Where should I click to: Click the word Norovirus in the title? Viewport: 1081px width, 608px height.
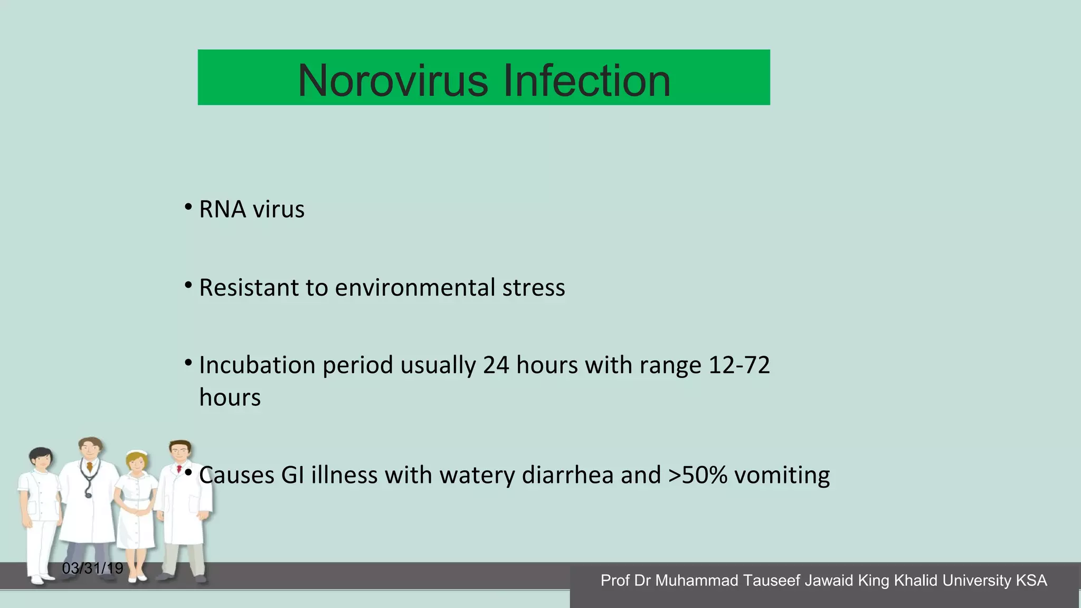pyautogui.click(x=393, y=81)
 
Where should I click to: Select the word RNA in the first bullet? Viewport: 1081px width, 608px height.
pyautogui.click(x=223, y=210)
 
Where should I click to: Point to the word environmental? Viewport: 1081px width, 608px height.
pyautogui.click(x=415, y=288)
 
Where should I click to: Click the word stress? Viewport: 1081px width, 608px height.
pyautogui.click(x=534, y=288)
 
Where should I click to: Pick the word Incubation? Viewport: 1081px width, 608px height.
pyautogui.click(x=257, y=365)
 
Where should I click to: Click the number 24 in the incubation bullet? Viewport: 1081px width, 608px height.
pyautogui.click(x=496, y=365)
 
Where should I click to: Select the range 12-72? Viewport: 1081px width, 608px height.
pyautogui.click(x=739, y=365)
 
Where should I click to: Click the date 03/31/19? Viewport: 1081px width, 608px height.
pyautogui.click(x=92, y=568)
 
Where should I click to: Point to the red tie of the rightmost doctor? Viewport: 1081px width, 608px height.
pyautogui.click(x=179, y=469)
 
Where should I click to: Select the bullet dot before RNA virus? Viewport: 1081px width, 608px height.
pyautogui.click(x=188, y=207)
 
